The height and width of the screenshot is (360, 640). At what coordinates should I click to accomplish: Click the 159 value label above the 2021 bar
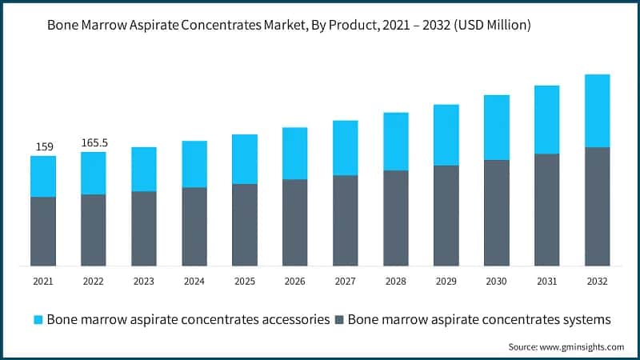[x=43, y=146]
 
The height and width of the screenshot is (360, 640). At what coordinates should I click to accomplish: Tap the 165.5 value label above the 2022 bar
[x=94, y=142]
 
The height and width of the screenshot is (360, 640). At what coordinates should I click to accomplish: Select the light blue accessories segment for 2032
[x=597, y=110]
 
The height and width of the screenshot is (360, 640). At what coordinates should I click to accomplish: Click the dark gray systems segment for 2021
[x=43, y=231]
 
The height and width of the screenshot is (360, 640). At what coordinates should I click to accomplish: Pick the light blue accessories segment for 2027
[x=346, y=148]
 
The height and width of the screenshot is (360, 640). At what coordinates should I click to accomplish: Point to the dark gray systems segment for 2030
[x=496, y=213]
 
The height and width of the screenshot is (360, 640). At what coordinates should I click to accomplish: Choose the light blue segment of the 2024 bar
[x=194, y=164]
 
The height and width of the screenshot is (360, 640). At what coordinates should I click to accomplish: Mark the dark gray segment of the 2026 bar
[x=295, y=222]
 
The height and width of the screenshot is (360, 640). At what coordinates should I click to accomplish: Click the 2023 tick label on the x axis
[x=144, y=282]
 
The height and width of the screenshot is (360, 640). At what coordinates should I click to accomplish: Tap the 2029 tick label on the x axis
[x=446, y=282]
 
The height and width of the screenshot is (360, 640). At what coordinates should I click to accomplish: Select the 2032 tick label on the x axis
[x=597, y=282]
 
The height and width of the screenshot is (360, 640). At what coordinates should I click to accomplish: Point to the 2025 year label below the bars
[x=245, y=282]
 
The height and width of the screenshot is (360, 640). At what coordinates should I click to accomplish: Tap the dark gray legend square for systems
[x=339, y=320]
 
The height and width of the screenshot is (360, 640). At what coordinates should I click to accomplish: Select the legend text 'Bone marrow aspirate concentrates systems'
[x=479, y=319]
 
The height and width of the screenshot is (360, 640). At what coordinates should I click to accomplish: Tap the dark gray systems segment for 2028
[x=395, y=218]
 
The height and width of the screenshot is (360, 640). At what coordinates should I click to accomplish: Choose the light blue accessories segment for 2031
[x=546, y=119]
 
